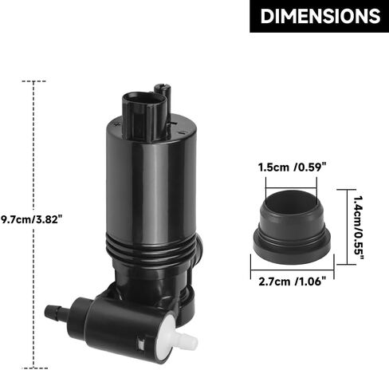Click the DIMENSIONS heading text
pyautogui.click(x=320, y=16)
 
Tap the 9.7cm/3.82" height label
pyautogui.click(x=32, y=220)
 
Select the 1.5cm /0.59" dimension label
pyautogui.click(x=292, y=167)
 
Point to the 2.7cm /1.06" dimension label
pyautogui.click(x=292, y=281)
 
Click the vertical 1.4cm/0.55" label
pyautogui.click(x=359, y=228)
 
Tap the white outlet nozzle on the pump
pyautogui.click(x=188, y=340)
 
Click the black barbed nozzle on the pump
pyautogui.click(x=54, y=311)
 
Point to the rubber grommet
pyautogui.click(x=292, y=226)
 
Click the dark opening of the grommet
pyautogui.click(x=292, y=203)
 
